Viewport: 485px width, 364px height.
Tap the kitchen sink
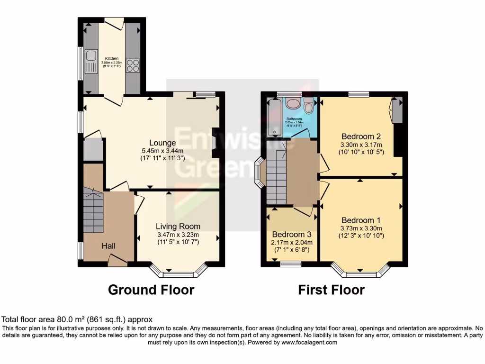[x=90, y=65]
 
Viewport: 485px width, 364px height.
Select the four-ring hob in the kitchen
[x=133, y=65]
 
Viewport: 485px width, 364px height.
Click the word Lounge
[x=162, y=143]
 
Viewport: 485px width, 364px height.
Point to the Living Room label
[x=178, y=227]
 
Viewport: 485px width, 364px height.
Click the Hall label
[x=108, y=246]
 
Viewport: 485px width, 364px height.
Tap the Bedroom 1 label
[x=361, y=220]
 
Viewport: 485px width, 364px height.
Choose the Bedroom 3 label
[x=292, y=235]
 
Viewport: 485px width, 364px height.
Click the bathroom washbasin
[x=293, y=104]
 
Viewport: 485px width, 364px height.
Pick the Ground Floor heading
[x=151, y=290]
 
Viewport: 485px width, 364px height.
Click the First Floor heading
[x=331, y=290]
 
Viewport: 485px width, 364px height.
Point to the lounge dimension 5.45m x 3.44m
[x=162, y=151]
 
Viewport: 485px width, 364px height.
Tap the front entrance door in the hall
[x=117, y=259]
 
